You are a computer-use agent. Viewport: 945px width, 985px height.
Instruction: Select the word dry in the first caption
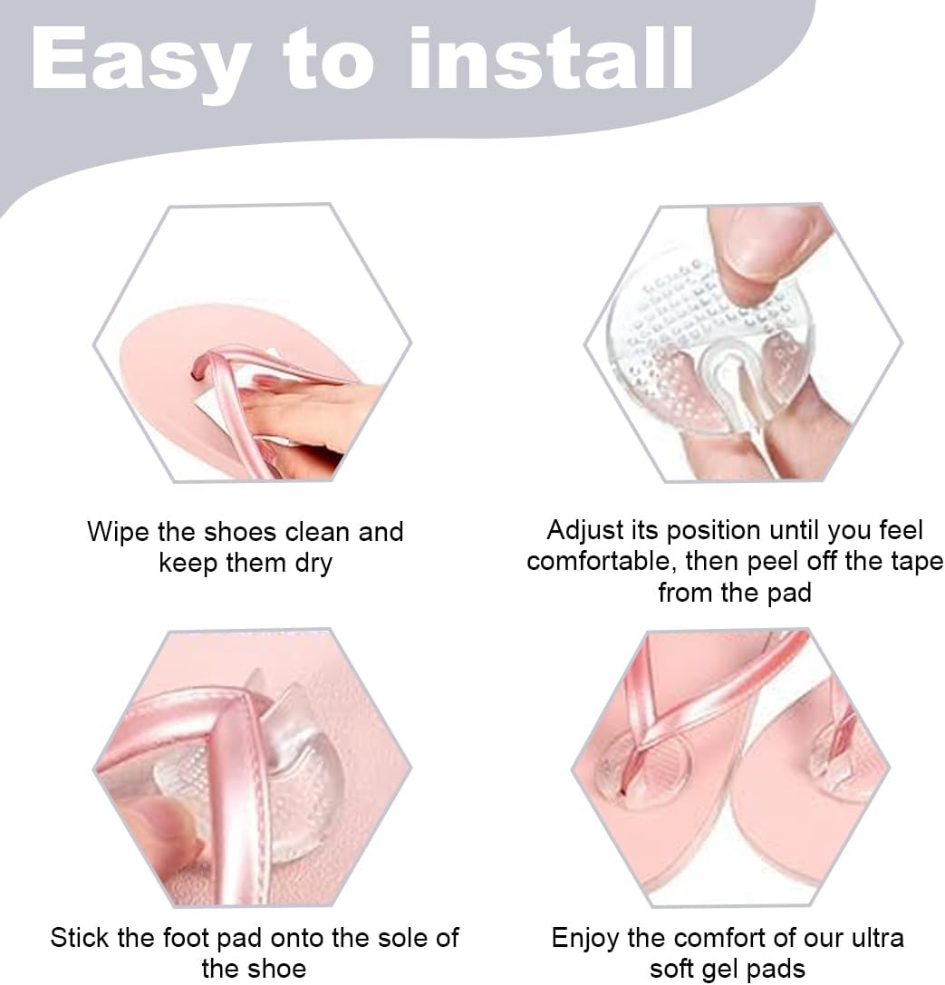(313, 563)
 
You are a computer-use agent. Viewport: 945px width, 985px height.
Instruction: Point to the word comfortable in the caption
(602, 562)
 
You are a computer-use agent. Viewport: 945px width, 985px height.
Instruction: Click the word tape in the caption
(915, 562)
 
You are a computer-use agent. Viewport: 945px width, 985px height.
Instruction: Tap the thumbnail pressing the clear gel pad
(770, 240)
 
